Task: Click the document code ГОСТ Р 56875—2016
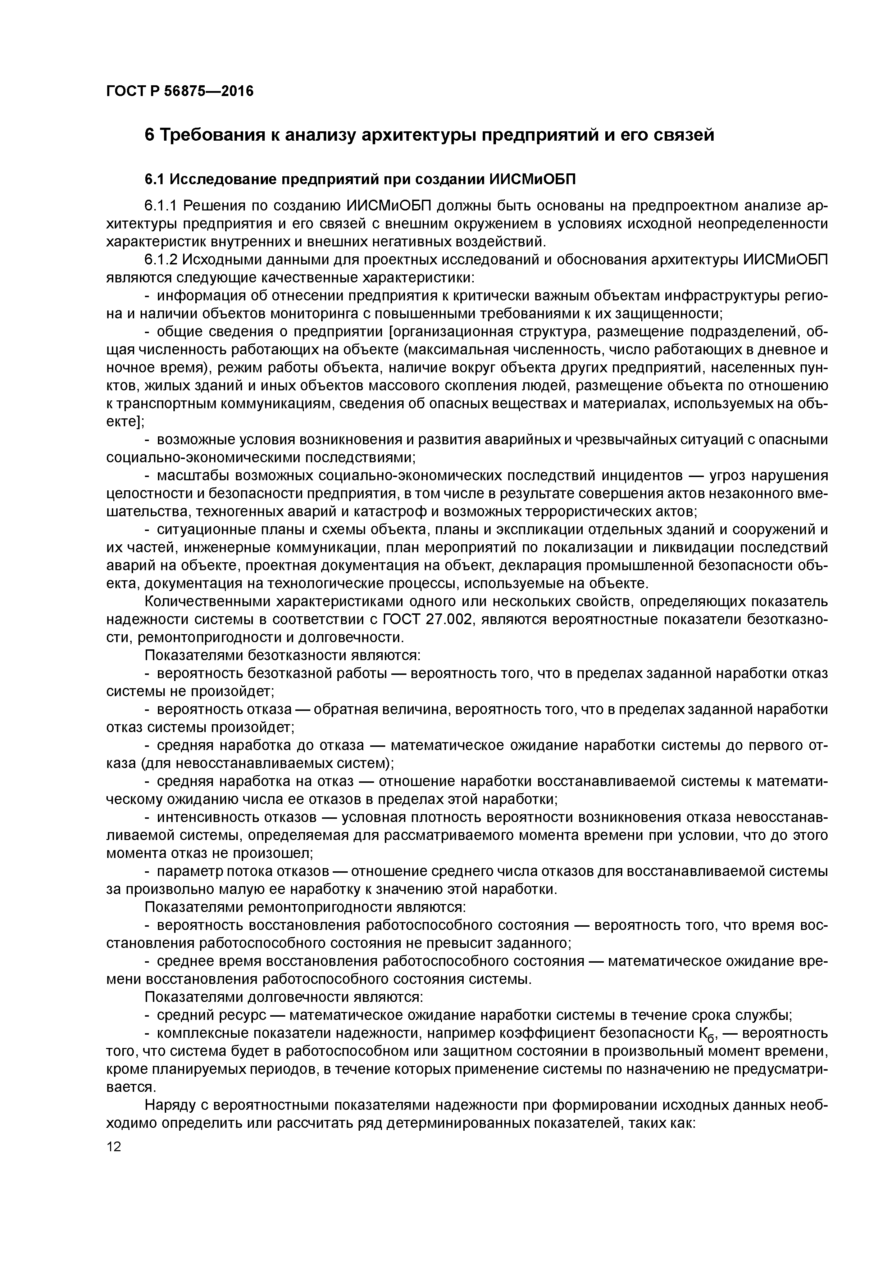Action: point(180,91)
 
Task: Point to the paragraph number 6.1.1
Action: point(161,206)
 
